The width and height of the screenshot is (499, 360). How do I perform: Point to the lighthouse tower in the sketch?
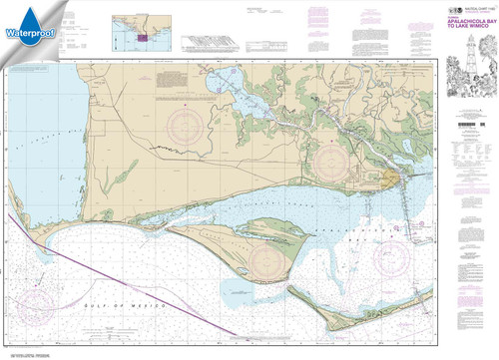point(466,70)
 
